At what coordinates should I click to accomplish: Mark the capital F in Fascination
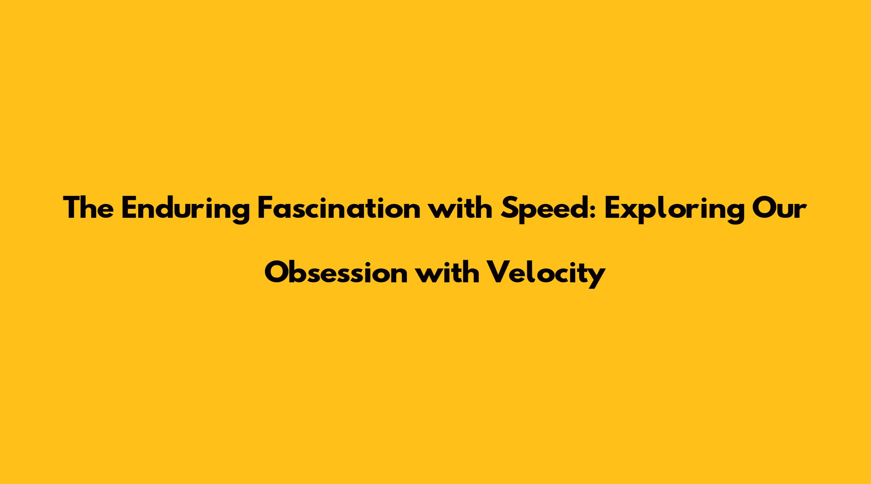tap(265, 209)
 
